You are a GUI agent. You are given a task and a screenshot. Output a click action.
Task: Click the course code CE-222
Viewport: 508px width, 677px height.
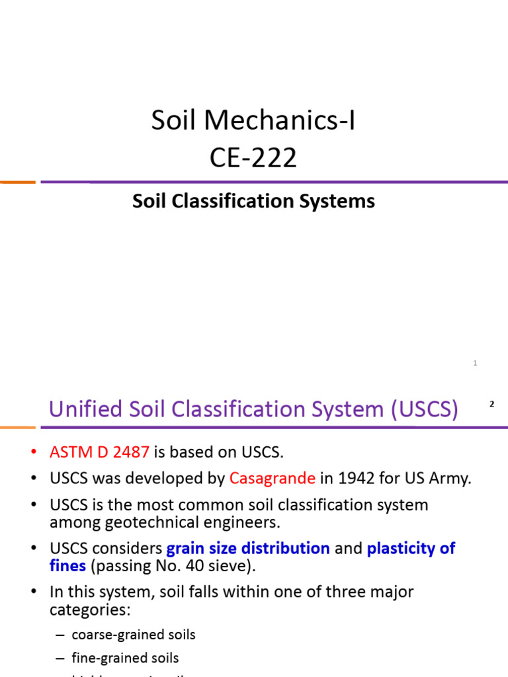coord(253,158)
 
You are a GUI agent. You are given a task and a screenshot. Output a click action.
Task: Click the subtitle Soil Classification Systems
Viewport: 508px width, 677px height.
coord(253,201)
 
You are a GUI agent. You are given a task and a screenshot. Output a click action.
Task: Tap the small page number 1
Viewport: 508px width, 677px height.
coord(475,363)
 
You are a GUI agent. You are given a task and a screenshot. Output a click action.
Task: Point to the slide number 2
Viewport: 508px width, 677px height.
coord(491,404)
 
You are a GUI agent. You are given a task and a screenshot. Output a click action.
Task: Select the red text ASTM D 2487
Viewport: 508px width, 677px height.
coord(99,452)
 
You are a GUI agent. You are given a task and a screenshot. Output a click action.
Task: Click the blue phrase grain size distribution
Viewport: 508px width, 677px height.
coord(248,548)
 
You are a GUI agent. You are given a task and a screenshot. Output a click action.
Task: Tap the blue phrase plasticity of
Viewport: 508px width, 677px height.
coord(411,548)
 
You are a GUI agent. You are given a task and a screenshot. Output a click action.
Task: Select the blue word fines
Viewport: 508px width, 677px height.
coord(67,565)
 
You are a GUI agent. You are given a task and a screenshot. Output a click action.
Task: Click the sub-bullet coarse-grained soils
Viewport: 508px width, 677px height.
coord(134,635)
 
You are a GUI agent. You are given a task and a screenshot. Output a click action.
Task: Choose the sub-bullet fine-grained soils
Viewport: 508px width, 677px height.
coord(125,658)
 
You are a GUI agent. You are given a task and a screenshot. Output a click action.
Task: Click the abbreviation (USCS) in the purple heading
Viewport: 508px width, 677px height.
coord(424,409)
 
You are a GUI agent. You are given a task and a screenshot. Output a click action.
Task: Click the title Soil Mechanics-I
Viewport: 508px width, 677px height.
coord(253,121)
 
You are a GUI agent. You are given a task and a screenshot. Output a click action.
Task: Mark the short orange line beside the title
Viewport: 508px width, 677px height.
coord(17,182)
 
